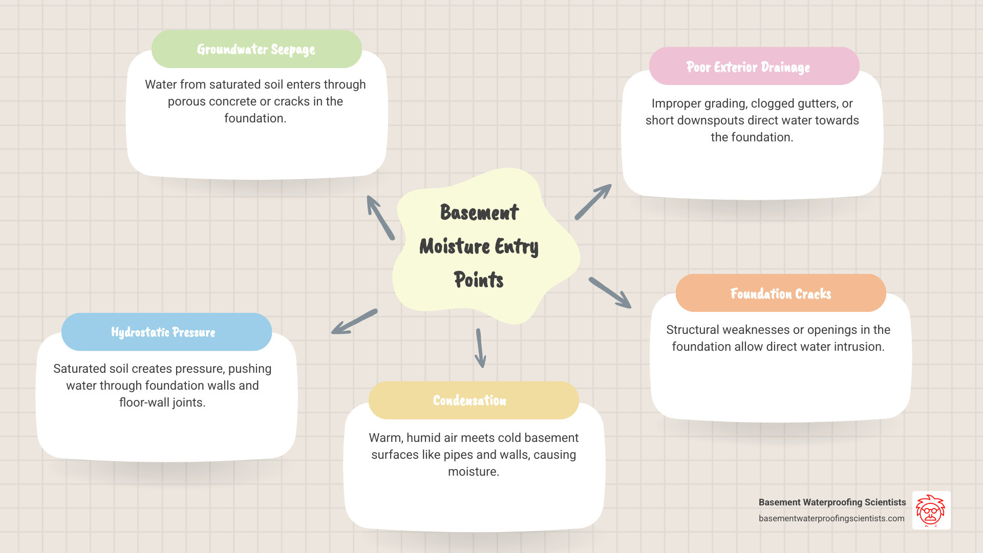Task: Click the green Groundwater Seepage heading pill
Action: click(257, 49)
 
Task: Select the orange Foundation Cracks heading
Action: click(780, 293)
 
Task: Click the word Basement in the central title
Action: click(479, 212)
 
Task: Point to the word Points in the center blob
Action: click(479, 280)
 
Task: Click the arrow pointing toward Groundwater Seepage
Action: click(380, 217)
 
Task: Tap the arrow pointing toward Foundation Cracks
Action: click(610, 293)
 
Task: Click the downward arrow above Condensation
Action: click(480, 348)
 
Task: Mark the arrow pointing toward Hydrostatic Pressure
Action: click(354, 322)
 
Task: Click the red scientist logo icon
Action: click(931, 510)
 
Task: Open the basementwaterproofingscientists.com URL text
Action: click(831, 518)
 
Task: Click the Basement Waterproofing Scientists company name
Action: click(832, 502)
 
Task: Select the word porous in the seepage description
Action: click(186, 101)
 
